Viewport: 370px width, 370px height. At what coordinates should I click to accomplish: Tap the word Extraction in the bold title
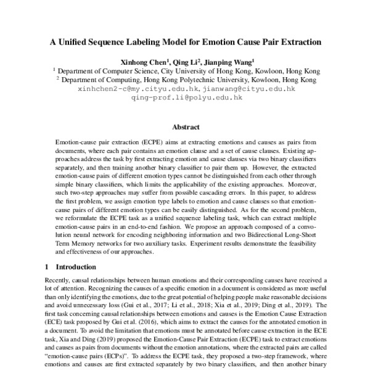pyautogui.click(x=297, y=43)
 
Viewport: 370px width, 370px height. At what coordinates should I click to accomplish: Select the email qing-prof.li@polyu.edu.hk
pyautogui.click(x=185, y=98)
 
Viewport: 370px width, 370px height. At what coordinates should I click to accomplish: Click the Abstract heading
pyautogui.click(x=185, y=127)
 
